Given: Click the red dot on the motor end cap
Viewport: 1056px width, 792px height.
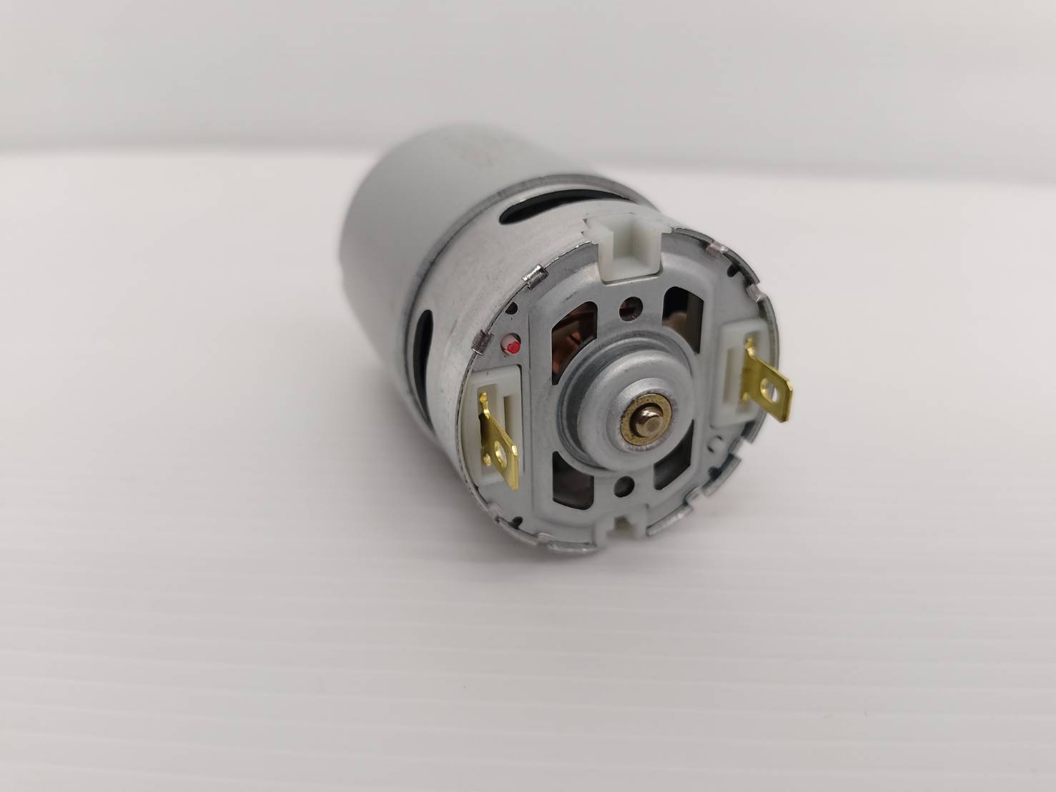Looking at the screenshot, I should (x=512, y=347).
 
